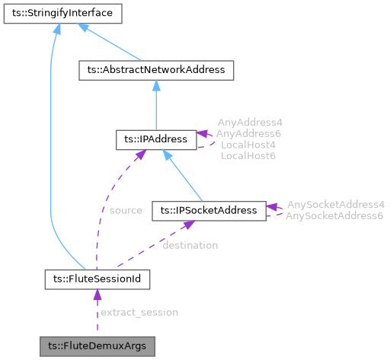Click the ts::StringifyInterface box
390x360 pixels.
[x=56, y=13]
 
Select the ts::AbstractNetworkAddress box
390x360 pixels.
[x=155, y=70]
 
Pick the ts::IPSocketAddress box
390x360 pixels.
[x=209, y=209]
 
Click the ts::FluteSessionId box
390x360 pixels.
[x=97, y=279]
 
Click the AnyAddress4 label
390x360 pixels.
[x=248, y=122]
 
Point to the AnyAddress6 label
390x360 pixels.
[x=248, y=133]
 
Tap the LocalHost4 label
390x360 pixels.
[x=248, y=144]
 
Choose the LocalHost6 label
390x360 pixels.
[x=248, y=155]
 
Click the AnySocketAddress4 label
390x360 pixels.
[x=335, y=205]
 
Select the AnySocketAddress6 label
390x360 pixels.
[x=335, y=216]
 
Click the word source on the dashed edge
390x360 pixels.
[x=126, y=210]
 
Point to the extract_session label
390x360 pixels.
[x=139, y=312]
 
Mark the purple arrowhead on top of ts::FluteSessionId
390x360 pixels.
[x=97, y=295]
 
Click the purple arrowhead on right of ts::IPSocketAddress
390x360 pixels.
[x=272, y=206]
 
